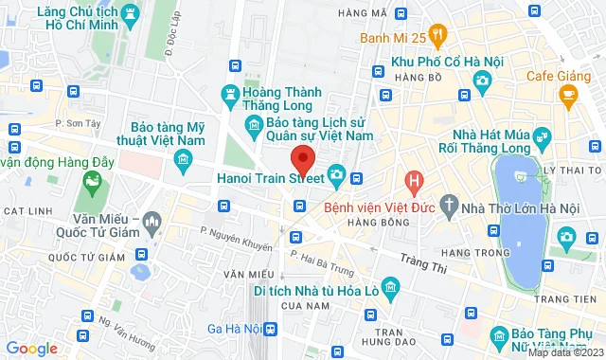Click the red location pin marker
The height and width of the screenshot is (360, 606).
pos(302,158)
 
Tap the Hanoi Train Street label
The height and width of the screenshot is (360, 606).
pos(271,175)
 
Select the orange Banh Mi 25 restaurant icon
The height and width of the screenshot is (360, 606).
pos(438,37)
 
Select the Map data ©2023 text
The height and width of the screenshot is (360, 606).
pos(564,353)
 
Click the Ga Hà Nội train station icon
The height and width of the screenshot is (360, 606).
pos(272,329)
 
